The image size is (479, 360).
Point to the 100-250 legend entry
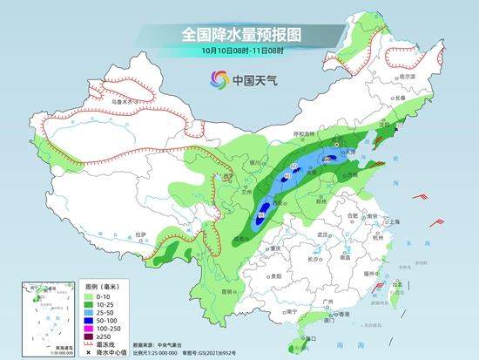tap(109, 328)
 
